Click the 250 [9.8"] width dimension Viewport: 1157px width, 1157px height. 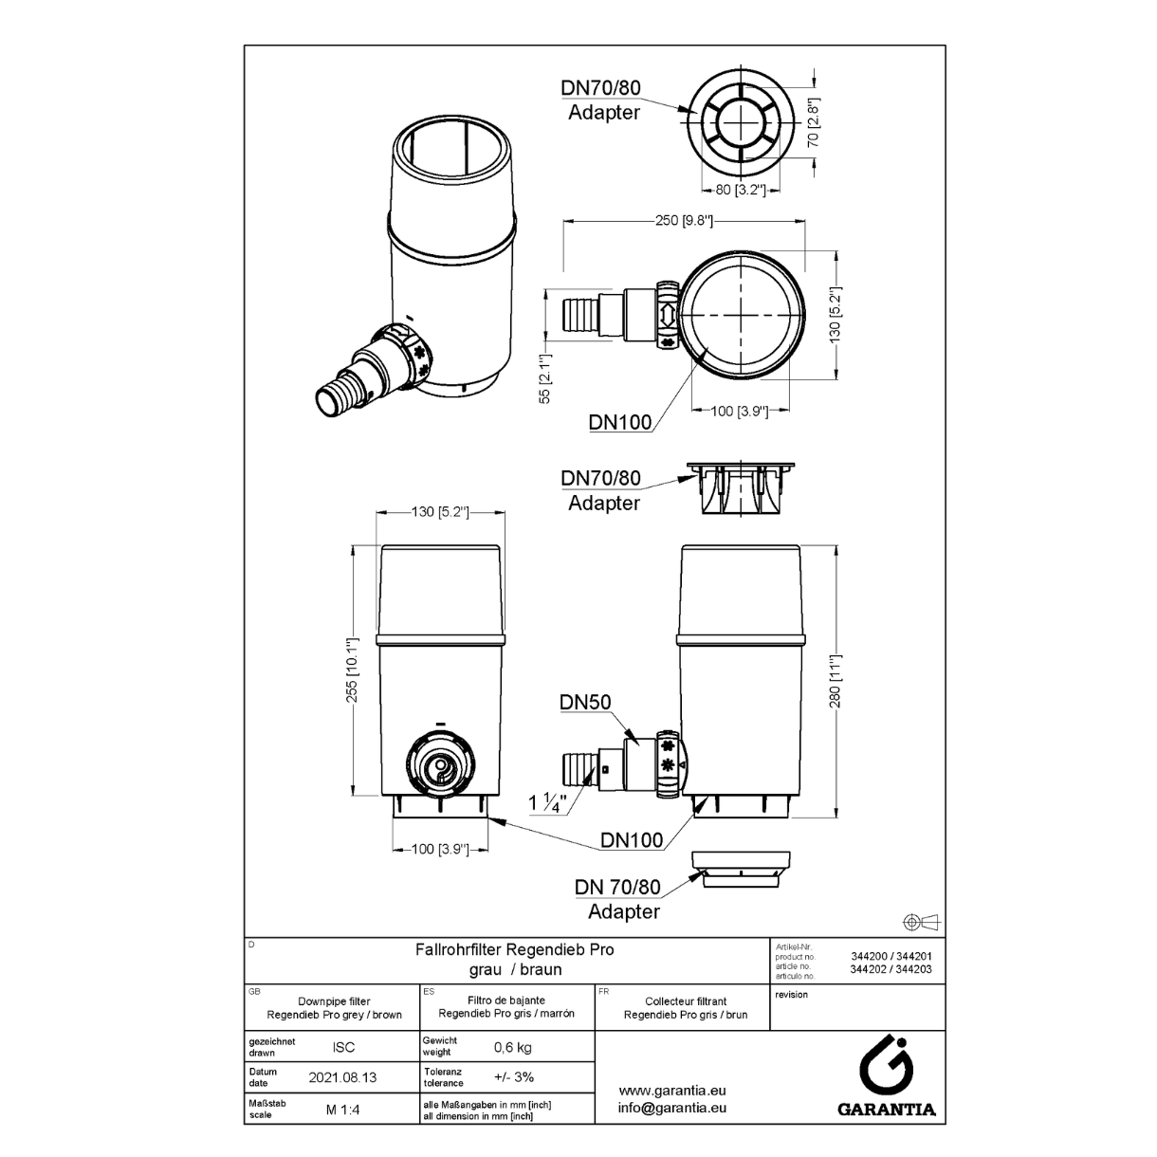[684, 220]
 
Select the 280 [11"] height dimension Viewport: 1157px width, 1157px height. [836, 681]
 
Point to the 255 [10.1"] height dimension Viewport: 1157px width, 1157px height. [352, 670]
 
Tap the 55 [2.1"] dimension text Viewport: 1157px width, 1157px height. [544, 378]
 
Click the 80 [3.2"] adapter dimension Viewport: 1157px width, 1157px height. [741, 190]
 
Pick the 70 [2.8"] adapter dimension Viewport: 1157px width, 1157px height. [813, 123]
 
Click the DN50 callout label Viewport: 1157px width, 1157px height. [585, 702]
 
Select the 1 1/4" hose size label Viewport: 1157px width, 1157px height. [547, 802]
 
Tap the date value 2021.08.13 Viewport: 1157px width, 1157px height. [342, 1077]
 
